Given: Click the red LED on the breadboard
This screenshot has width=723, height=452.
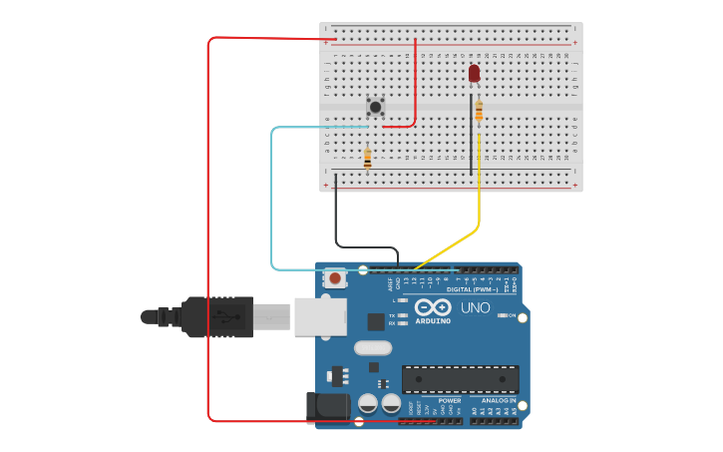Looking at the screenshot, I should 474,73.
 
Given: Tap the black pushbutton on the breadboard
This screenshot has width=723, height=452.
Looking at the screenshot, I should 375,106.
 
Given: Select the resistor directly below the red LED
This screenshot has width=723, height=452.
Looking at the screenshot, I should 479,112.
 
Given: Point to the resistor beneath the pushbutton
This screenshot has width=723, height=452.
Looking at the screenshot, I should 367,159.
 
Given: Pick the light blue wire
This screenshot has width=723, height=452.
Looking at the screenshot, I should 271,200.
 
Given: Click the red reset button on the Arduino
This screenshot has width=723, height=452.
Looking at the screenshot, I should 336,278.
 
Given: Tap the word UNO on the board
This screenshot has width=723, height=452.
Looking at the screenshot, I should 476,307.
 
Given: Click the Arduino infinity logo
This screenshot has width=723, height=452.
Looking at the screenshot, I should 433,306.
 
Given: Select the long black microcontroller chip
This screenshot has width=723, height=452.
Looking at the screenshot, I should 460,379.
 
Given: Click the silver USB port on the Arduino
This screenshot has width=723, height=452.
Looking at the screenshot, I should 320,316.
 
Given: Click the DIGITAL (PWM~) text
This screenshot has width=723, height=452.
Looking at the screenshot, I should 473,289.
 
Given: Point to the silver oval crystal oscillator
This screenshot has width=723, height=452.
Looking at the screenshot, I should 373,348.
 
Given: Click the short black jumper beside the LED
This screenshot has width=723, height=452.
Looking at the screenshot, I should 471,135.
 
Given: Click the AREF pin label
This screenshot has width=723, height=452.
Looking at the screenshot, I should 390,283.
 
